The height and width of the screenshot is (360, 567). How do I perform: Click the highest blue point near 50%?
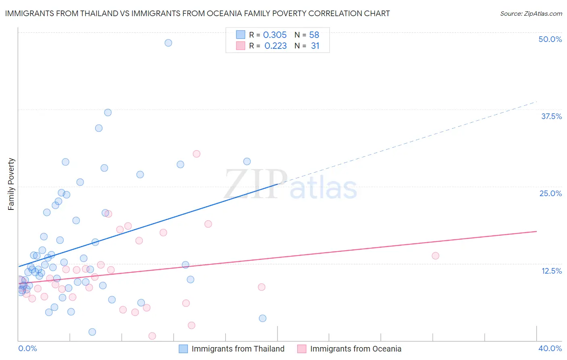point(168,43)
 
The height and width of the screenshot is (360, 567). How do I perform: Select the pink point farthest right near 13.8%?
point(435,255)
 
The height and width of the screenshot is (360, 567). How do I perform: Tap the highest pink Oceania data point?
point(196,154)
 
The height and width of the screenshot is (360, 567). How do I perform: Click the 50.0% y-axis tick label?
point(550,39)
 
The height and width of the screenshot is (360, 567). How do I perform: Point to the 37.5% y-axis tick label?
point(551,116)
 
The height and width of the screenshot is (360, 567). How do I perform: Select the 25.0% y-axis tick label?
point(550,193)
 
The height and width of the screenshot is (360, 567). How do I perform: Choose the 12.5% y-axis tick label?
point(551,271)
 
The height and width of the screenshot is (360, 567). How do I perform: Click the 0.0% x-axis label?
point(27,348)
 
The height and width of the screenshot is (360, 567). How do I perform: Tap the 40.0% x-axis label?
point(550,348)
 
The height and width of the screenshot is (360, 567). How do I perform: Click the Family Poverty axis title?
point(11,184)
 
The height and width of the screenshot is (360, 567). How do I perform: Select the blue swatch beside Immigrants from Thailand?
point(183,349)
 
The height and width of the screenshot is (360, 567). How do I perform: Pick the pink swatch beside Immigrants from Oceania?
point(302,349)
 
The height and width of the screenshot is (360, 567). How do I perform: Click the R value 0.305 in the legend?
point(275,35)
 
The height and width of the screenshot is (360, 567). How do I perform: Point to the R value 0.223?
point(275,46)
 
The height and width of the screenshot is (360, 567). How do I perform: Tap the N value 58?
point(314,35)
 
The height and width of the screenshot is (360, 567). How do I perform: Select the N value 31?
point(315,46)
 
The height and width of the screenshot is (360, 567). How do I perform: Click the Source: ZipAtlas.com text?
point(531,14)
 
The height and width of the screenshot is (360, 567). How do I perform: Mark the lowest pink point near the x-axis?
point(152,336)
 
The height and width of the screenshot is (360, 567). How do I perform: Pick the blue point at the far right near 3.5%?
point(263,318)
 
